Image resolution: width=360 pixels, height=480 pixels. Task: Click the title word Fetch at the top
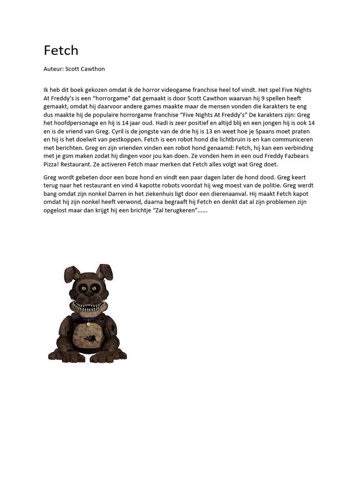coord(61,50)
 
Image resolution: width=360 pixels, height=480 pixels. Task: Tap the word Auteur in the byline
coord(53,69)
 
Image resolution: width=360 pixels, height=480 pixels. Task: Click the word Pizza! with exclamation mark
coord(52,164)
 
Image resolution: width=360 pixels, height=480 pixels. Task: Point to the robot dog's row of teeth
coord(89,307)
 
